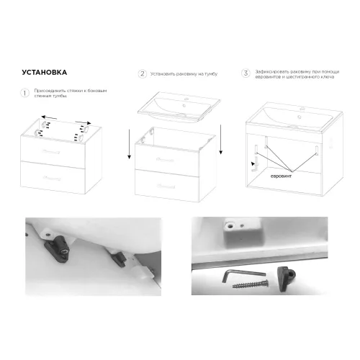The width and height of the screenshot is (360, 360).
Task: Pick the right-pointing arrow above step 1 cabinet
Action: click(81, 123)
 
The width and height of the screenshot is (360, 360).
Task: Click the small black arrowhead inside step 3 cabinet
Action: click(252, 164)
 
